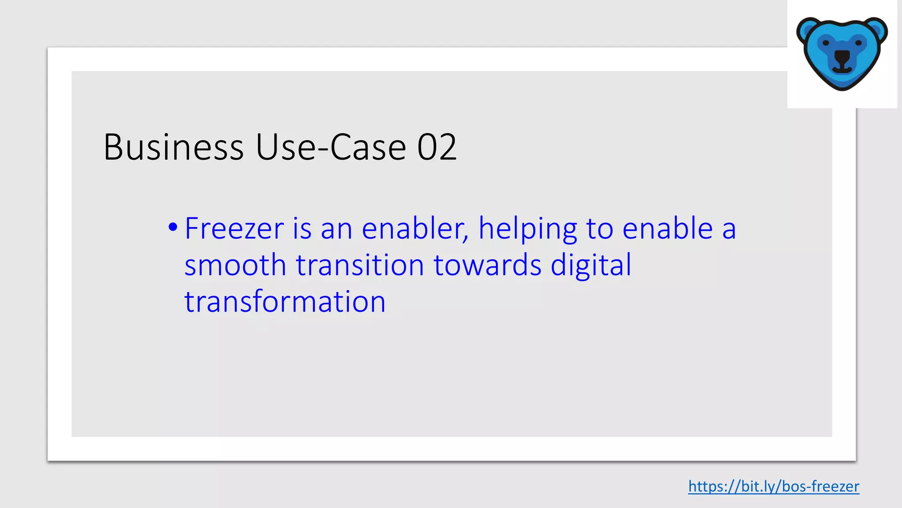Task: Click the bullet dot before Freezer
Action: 173,228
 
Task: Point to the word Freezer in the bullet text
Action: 234,228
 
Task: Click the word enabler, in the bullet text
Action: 415,228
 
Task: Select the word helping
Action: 528,229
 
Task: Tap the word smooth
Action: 235,265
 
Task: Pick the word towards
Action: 488,265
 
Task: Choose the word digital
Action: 591,266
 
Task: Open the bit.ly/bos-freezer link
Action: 773,486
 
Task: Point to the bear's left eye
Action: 826,43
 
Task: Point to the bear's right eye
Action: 858,43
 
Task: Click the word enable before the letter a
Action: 668,228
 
